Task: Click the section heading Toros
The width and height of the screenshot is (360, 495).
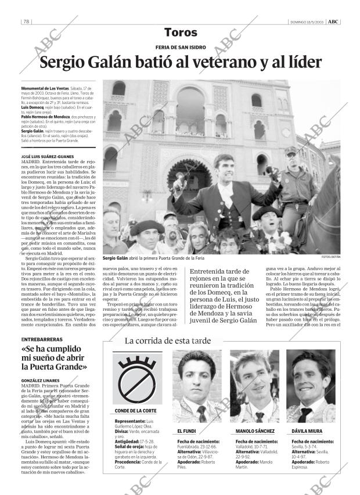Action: click(180, 33)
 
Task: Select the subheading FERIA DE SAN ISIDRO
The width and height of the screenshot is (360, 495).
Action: click(180, 48)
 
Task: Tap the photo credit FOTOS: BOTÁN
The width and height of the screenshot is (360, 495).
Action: click(330, 256)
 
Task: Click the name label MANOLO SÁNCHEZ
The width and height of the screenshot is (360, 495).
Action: click(255, 432)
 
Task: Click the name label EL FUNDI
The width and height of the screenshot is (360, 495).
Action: click(187, 432)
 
